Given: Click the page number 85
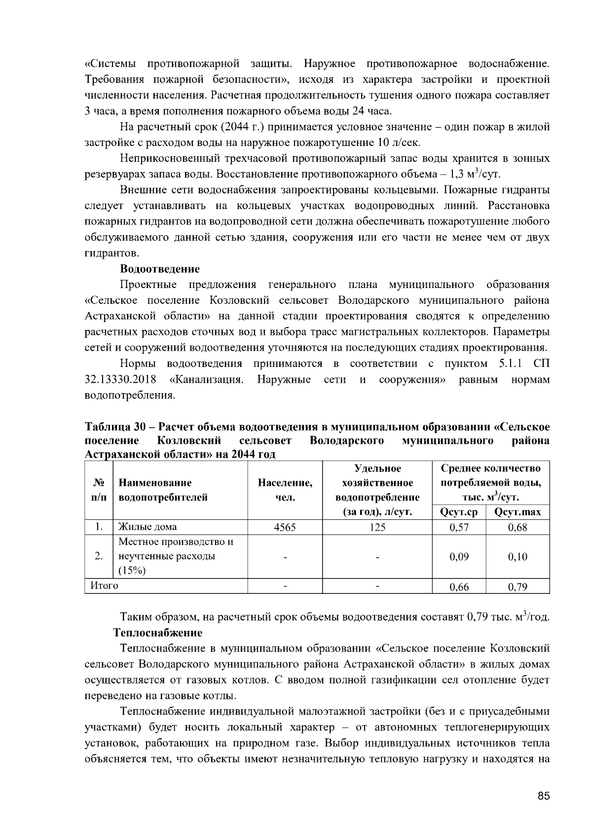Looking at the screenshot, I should click(544, 796).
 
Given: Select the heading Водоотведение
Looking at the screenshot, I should click(160, 269).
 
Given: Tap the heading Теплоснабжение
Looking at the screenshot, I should click(157, 632).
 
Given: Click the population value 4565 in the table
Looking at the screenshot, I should click(285, 527).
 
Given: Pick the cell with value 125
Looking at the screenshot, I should click(377, 527).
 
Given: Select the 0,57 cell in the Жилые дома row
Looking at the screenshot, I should click(459, 527).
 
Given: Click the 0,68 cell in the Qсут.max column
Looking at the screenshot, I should click(518, 527).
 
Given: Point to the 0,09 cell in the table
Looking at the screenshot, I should click(459, 557).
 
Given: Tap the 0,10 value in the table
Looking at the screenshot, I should click(518, 557).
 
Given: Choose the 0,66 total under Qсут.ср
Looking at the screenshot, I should click(459, 586).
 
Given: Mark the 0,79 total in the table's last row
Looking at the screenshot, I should click(518, 586).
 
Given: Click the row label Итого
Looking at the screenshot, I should click(104, 585).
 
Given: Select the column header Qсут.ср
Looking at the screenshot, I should click(459, 512).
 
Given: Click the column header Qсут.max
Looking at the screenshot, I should click(518, 512).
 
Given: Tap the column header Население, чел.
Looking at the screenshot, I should click(285, 490).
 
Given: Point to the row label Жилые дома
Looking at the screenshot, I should click(148, 527).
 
